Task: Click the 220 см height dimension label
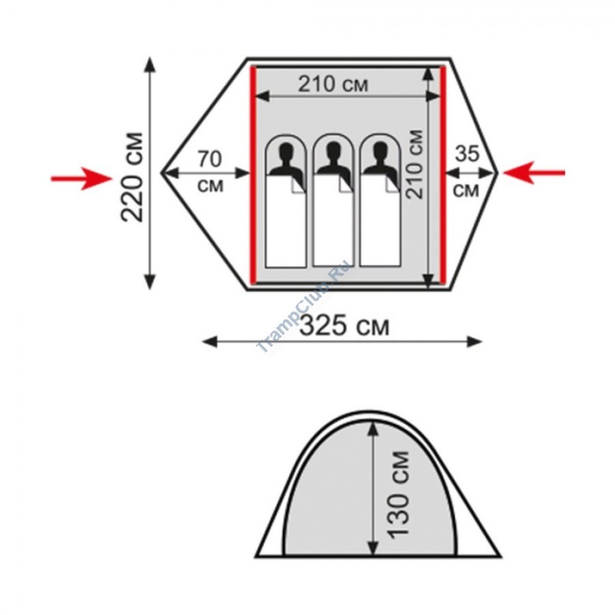132,178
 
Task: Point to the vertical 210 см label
415,164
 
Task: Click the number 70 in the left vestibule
209,159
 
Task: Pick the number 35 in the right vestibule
467,154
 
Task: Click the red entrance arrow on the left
81,178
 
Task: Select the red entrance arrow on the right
534,172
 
